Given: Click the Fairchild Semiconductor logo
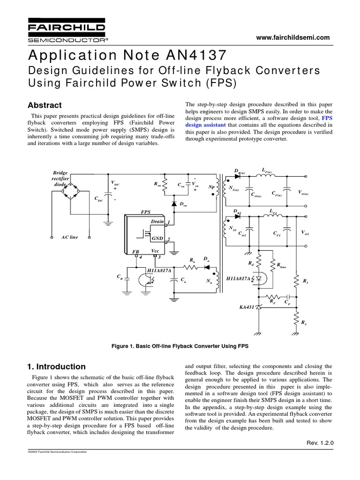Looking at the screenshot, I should pos(65,30).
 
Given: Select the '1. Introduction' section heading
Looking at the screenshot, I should pos(57,367).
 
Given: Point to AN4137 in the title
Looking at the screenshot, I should pos(193,55).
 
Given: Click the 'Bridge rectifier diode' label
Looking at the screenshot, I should pos(61,179).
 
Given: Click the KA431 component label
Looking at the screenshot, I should pos(246,307).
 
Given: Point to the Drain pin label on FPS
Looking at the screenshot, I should pos(157,221).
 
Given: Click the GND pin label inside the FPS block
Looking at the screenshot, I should pos(157,239).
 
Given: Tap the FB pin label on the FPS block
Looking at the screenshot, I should pos(136,252).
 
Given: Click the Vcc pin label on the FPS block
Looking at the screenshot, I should pos(156,252).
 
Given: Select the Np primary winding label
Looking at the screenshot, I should pos(211,186).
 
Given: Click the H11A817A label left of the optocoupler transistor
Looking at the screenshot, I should pos(159,270).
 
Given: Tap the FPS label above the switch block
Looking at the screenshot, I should pos(146,212).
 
